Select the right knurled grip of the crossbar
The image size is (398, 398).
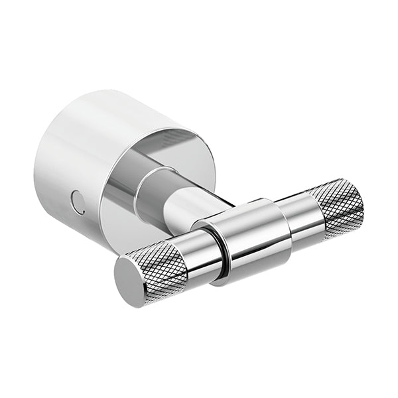(x=338, y=207)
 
